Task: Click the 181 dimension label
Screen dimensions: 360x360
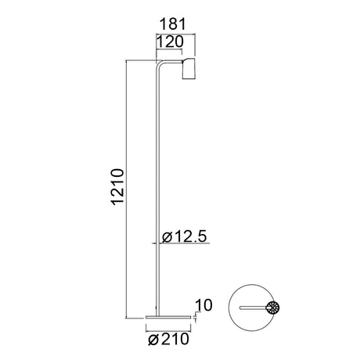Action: point(172,24)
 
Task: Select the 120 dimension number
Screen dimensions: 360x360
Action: point(170,41)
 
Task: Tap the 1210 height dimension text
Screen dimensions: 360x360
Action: point(117,187)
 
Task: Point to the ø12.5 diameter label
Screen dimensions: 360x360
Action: point(185,236)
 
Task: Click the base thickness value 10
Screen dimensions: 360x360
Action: point(203,305)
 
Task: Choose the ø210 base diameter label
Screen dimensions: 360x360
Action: point(168,339)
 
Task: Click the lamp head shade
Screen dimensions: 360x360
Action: point(189,68)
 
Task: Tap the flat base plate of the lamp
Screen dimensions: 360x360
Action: point(168,317)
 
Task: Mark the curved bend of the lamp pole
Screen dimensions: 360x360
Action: point(159,63)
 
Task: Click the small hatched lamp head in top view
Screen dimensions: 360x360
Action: point(272,308)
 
